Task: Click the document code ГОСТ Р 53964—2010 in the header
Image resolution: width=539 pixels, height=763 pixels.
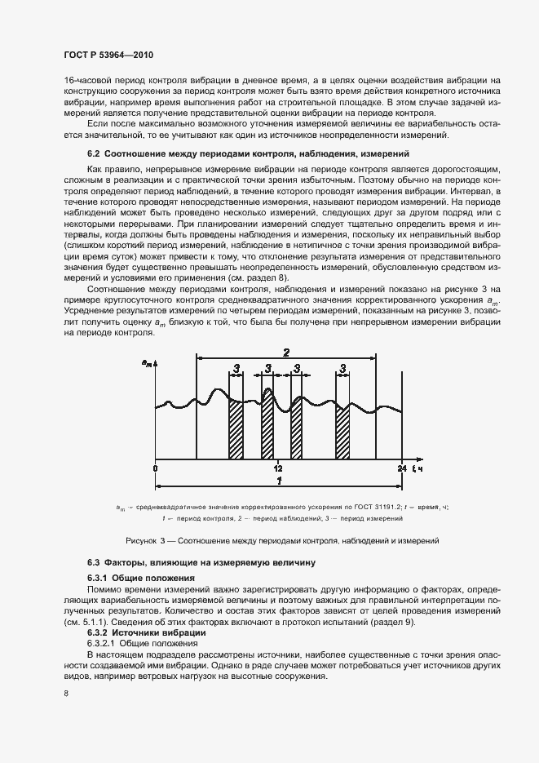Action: tap(108, 55)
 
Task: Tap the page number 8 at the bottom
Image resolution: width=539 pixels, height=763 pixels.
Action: tap(65, 693)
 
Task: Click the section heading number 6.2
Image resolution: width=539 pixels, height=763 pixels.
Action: tap(94, 153)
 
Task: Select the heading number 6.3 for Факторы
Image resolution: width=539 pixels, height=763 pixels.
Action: tap(94, 563)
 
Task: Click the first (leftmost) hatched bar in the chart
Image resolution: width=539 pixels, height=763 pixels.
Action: tap(236, 429)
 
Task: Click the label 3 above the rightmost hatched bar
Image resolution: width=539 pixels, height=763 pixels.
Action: tap(342, 369)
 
